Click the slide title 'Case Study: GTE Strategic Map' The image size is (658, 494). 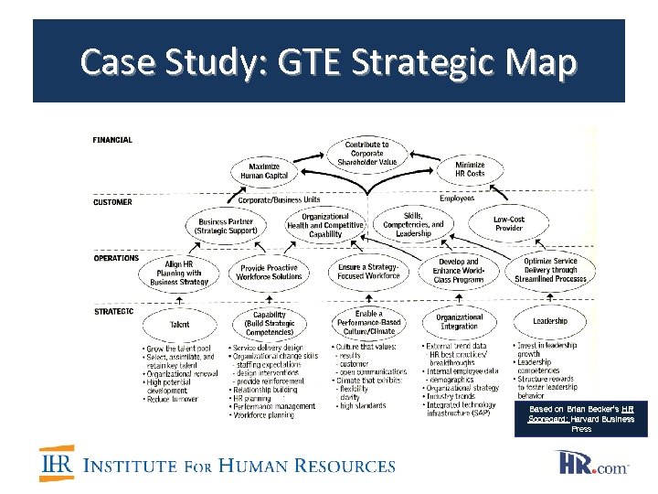[329, 63]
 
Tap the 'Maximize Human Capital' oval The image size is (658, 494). [264, 170]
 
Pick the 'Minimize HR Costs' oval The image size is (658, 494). [470, 168]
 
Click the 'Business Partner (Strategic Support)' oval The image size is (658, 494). [226, 226]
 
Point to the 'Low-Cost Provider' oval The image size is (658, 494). [509, 223]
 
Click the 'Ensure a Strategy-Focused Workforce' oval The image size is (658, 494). [369, 271]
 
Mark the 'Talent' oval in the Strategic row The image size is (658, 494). [180, 324]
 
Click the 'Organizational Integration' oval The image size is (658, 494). [459, 321]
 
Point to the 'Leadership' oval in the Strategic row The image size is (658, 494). [549, 321]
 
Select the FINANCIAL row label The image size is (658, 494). [112, 140]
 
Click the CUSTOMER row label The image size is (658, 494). [112, 202]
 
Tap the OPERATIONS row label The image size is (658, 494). [116, 258]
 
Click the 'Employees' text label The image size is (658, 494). [457, 198]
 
